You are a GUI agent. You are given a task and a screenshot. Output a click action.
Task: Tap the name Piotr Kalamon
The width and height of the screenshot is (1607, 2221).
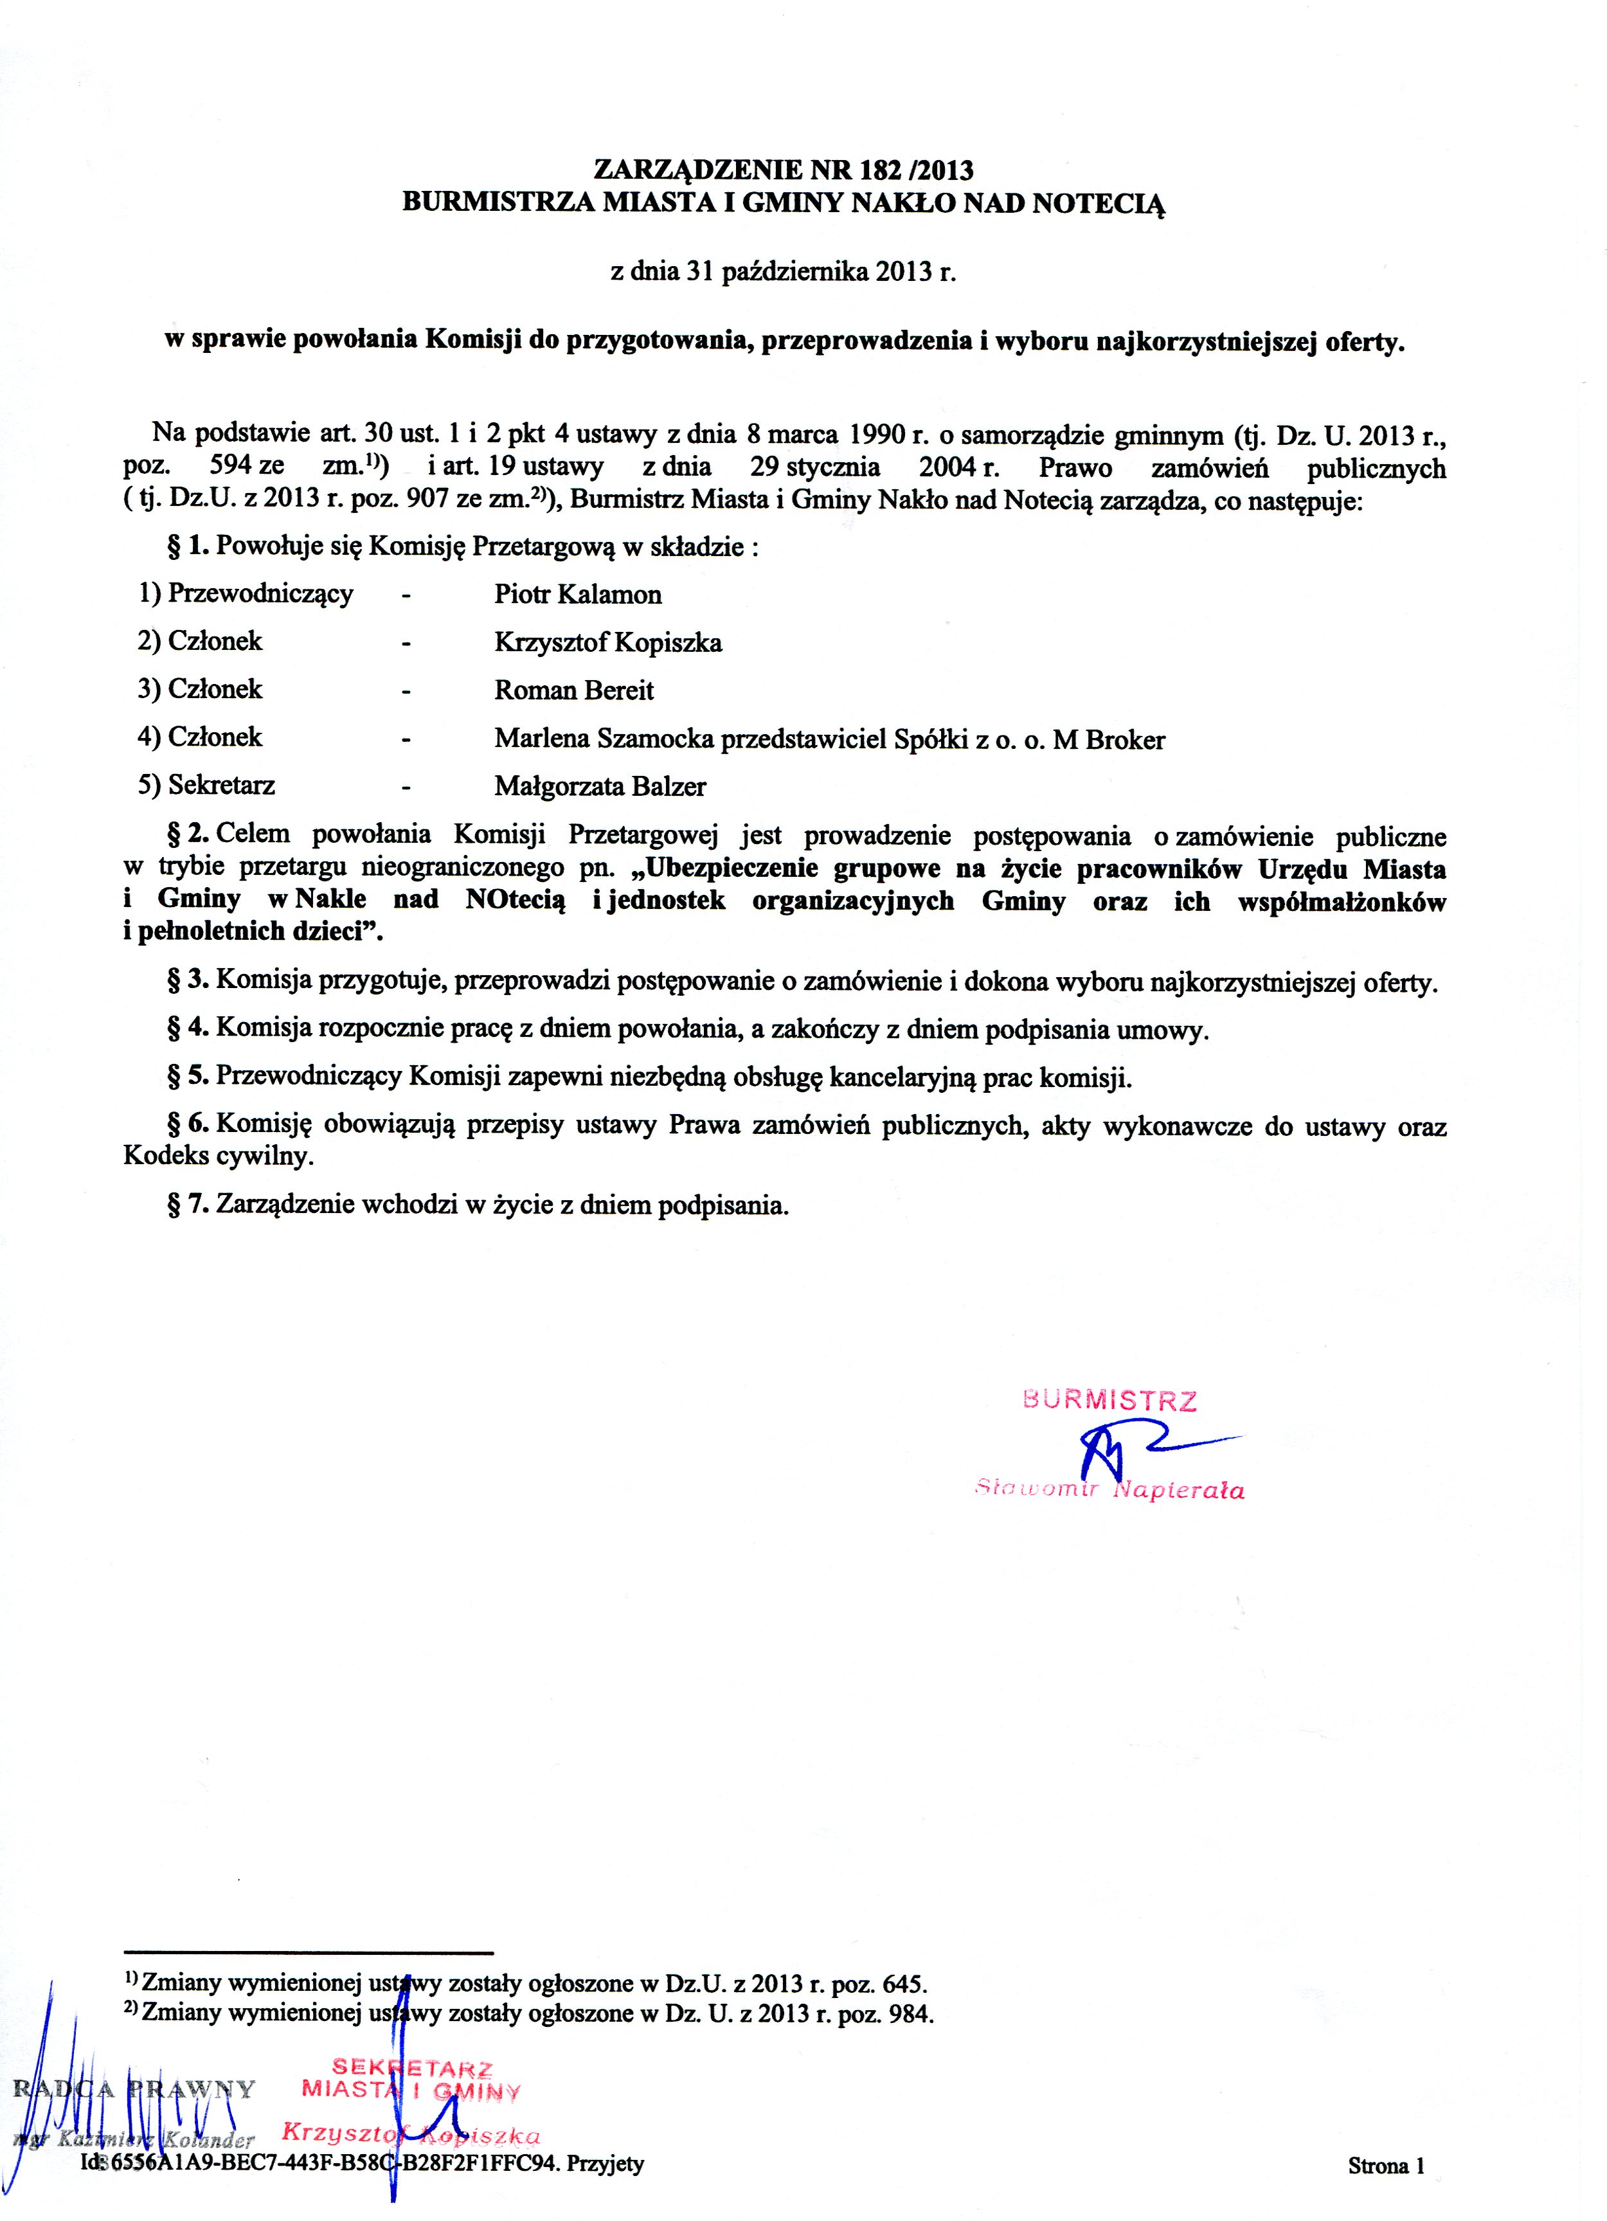[x=578, y=595]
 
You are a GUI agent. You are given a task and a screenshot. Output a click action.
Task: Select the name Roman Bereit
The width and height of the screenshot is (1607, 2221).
[x=574, y=690]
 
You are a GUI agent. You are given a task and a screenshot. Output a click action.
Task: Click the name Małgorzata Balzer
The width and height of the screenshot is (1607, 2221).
[x=599, y=786]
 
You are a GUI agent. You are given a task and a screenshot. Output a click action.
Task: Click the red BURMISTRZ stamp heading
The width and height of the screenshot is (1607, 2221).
[x=1109, y=1400]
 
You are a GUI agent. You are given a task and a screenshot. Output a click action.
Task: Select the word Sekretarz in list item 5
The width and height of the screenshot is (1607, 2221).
[x=221, y=786]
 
